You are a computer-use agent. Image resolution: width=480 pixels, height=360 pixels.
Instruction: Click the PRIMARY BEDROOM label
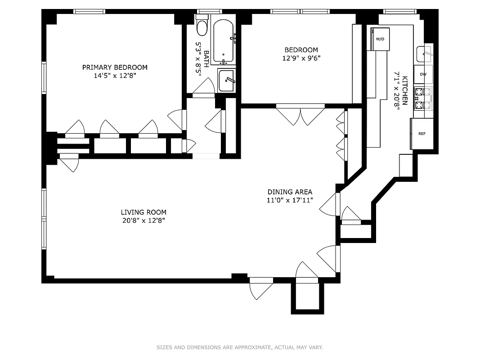[x=114, y=67]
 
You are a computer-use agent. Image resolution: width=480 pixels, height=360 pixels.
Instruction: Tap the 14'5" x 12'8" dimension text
[x=114, y=76]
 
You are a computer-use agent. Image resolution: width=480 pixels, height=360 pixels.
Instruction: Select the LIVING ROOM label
[x=144, y=212]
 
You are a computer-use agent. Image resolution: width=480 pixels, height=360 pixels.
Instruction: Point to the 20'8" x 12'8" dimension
[x=144, y=221]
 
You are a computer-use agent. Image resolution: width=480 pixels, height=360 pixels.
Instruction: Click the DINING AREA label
[x=290, y=192]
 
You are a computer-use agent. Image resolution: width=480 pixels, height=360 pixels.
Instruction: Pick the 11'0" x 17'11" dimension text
[x=290, y=200]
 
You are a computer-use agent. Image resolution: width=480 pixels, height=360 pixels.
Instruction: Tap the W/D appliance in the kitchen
[x=380, y=39]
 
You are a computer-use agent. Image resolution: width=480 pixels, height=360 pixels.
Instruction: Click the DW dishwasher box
[x=423, y=74]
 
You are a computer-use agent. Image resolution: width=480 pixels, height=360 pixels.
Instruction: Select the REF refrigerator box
[x=422, y=134]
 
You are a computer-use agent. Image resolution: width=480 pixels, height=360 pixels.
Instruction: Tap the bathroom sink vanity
[x=226, y=80]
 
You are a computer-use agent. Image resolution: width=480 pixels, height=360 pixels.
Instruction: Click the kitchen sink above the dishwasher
[x=424, y=54]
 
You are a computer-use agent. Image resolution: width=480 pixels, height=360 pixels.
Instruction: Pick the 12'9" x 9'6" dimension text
[x=301, y=58]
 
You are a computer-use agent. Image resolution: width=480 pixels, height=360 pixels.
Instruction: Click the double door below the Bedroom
[x=301, y=115]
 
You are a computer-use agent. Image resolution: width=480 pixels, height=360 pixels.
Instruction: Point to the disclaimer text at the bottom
[x=240, y=347]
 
